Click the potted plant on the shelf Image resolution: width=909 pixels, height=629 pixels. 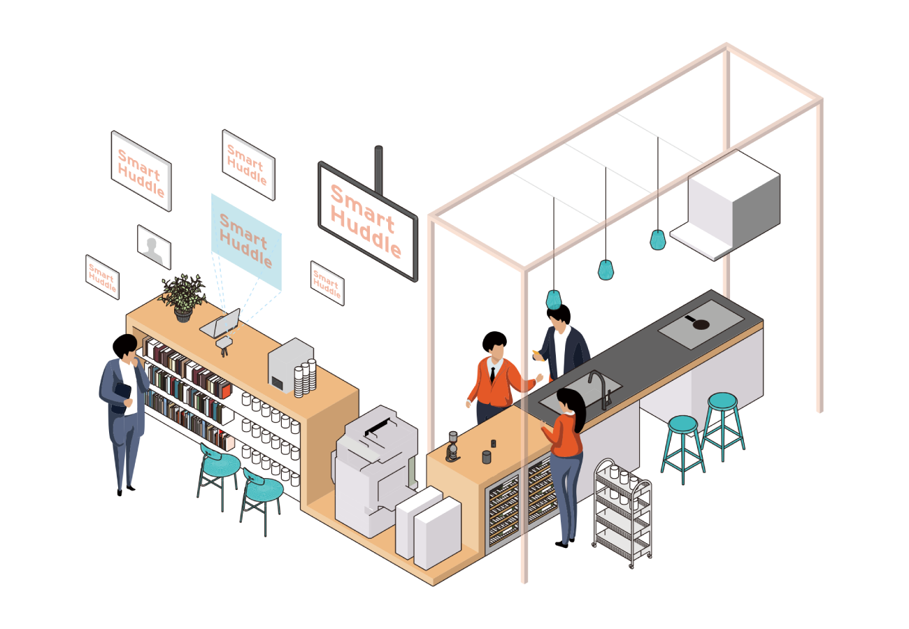(183, 295)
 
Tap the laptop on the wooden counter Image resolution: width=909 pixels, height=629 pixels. (222, 323)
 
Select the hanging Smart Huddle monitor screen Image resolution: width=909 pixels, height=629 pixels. (367, 221)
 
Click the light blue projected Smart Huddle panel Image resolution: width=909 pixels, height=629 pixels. (245, 241)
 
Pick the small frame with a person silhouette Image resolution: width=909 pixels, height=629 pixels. (154, 247)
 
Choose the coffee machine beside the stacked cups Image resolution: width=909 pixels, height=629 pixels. (288, 363)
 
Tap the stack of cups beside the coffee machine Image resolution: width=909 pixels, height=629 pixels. (306, 378)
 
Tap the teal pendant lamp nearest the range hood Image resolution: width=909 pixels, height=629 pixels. (657, 240)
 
